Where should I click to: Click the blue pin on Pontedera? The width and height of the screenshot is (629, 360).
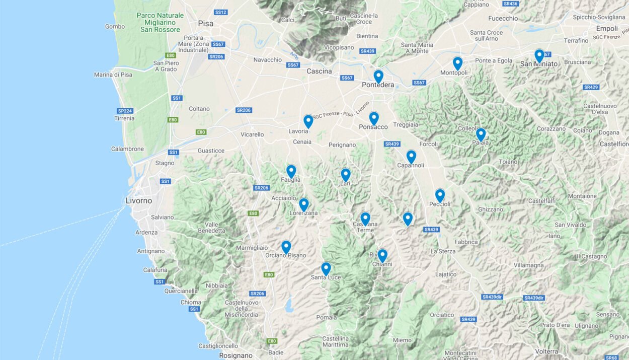[378, 76]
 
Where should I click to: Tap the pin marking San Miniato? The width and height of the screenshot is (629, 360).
[539, 55]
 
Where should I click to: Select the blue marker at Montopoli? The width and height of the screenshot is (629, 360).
[457, 63]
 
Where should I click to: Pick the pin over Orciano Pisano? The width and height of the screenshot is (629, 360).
[286, 247]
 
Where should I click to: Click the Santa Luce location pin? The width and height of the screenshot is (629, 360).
[326, 268]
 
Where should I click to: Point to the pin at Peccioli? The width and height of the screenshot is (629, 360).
[440, 195]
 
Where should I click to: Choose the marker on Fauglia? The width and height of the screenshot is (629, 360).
[291, 171]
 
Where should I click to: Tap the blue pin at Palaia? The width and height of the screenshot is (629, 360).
[481, 134]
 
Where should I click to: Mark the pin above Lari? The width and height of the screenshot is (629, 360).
[345, 175]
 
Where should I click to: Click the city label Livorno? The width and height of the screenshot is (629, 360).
[138, 201]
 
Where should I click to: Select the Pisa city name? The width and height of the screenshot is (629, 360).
[205, 23]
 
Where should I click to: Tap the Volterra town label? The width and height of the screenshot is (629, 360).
[546, 351]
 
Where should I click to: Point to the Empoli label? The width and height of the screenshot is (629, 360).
[606, 29]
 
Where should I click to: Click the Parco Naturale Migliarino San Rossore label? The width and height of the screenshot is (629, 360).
[160, 23]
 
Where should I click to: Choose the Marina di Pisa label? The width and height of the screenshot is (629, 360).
[113, 75]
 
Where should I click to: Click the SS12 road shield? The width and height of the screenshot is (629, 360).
[220, 12]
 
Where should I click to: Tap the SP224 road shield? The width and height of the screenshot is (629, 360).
[125, 111]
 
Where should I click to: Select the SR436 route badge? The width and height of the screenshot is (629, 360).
[510, 4]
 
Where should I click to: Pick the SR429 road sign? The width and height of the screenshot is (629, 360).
[591, 87]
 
